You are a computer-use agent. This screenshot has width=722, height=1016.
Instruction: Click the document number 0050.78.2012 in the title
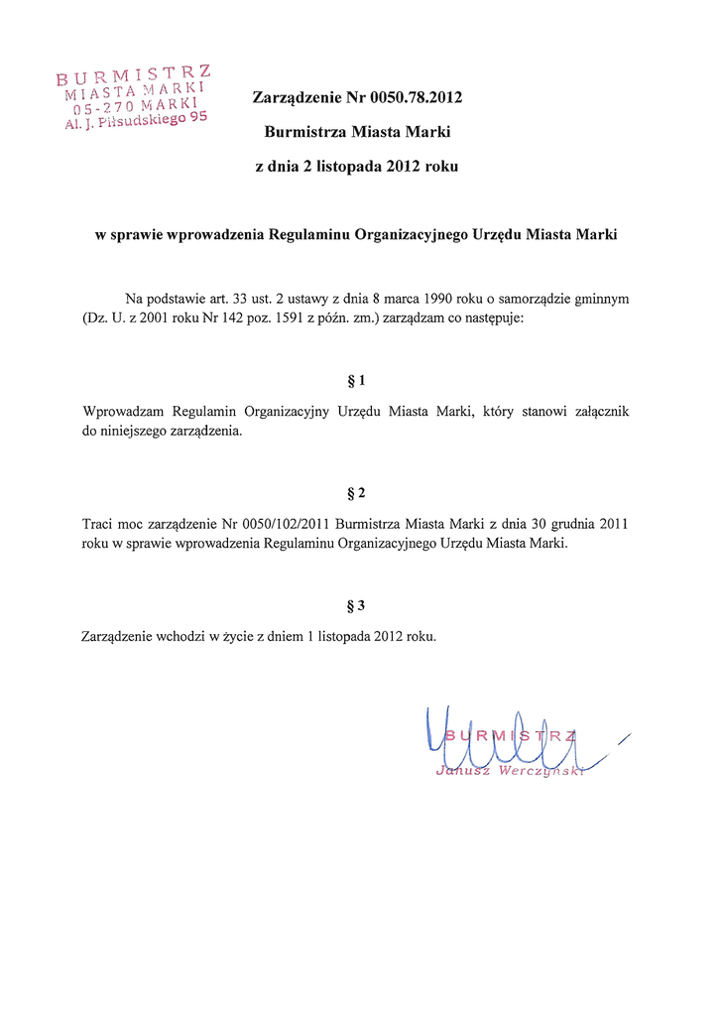coord(417,98)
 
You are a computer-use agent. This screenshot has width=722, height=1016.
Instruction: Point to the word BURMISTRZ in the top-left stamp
coord(133,74)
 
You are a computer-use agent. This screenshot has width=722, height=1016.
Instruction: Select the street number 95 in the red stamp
coord(197,117)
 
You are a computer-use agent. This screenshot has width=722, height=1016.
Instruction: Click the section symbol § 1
coord(356,381)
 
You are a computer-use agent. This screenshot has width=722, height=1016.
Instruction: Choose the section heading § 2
coord(356,493)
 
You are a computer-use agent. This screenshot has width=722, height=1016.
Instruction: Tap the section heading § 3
coord(356,605)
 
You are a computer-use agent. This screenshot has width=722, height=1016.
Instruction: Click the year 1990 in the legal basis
coord(439,299)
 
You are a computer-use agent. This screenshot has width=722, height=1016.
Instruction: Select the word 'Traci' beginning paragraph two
coord(98,524)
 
